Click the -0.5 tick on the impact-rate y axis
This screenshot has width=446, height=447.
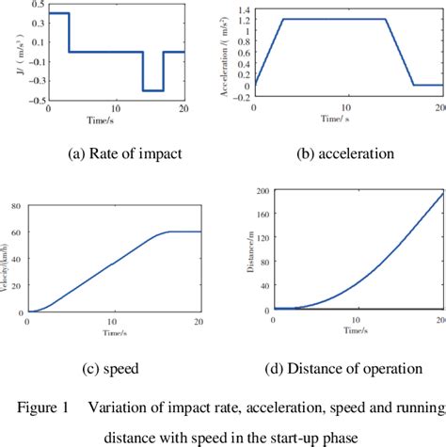point(33,101)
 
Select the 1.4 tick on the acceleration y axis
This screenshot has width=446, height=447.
point(242,8)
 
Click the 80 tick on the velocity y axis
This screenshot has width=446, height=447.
point(19,205)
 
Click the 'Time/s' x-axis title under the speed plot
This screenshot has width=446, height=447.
point(113,335)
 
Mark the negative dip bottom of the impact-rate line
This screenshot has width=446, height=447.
point(152,90)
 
